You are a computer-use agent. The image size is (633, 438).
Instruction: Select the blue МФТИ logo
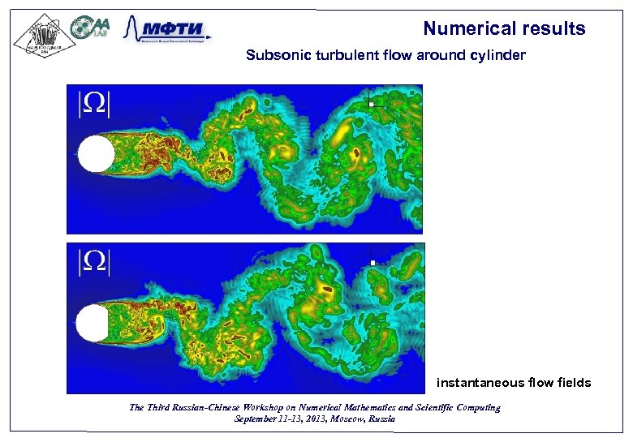[166, 31]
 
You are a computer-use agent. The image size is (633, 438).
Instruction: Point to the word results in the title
[554, 29]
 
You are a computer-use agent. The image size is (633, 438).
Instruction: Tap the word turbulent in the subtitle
[338, 56]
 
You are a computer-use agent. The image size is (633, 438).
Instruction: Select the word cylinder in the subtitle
[501, 56]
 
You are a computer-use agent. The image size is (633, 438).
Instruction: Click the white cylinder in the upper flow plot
[97, 154]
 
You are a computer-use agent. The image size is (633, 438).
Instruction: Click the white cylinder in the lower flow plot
[93, 323]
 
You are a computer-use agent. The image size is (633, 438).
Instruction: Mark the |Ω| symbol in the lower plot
[93, 261]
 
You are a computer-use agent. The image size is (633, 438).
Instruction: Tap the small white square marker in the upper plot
[370, 103]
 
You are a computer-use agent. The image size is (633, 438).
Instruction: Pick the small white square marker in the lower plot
[372, 263]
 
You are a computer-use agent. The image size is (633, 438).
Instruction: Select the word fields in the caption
[573, 382]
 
